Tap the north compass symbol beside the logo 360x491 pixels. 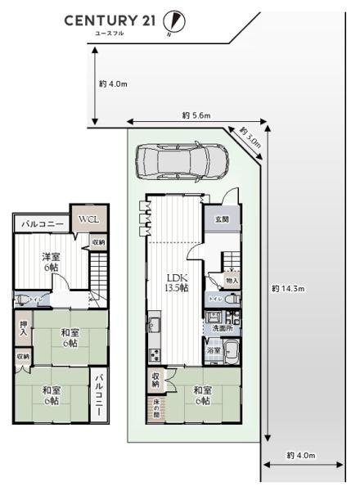[173, 21]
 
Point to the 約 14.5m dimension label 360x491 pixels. [288, 288]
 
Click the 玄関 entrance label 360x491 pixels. [222, 219]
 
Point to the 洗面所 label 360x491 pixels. [222, 328]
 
